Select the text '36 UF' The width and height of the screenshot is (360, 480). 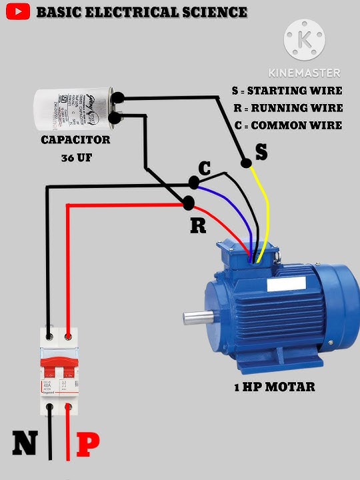tap(75, 159)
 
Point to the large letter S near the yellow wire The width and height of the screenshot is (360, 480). tap(261, 153)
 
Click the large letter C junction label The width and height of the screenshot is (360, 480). tap(204, 169)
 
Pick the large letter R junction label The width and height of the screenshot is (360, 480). tap(198, 225)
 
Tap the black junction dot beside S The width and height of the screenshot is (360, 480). tap(246, 163)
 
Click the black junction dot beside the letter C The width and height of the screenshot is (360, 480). tap(193, 182)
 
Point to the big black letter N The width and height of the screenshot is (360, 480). tap(25, 443)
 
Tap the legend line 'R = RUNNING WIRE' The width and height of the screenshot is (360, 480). tap(288, 108)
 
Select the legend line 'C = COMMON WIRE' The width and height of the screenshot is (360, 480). tap(288, 125)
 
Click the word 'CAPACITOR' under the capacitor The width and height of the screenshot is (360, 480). tap(75, 141)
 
